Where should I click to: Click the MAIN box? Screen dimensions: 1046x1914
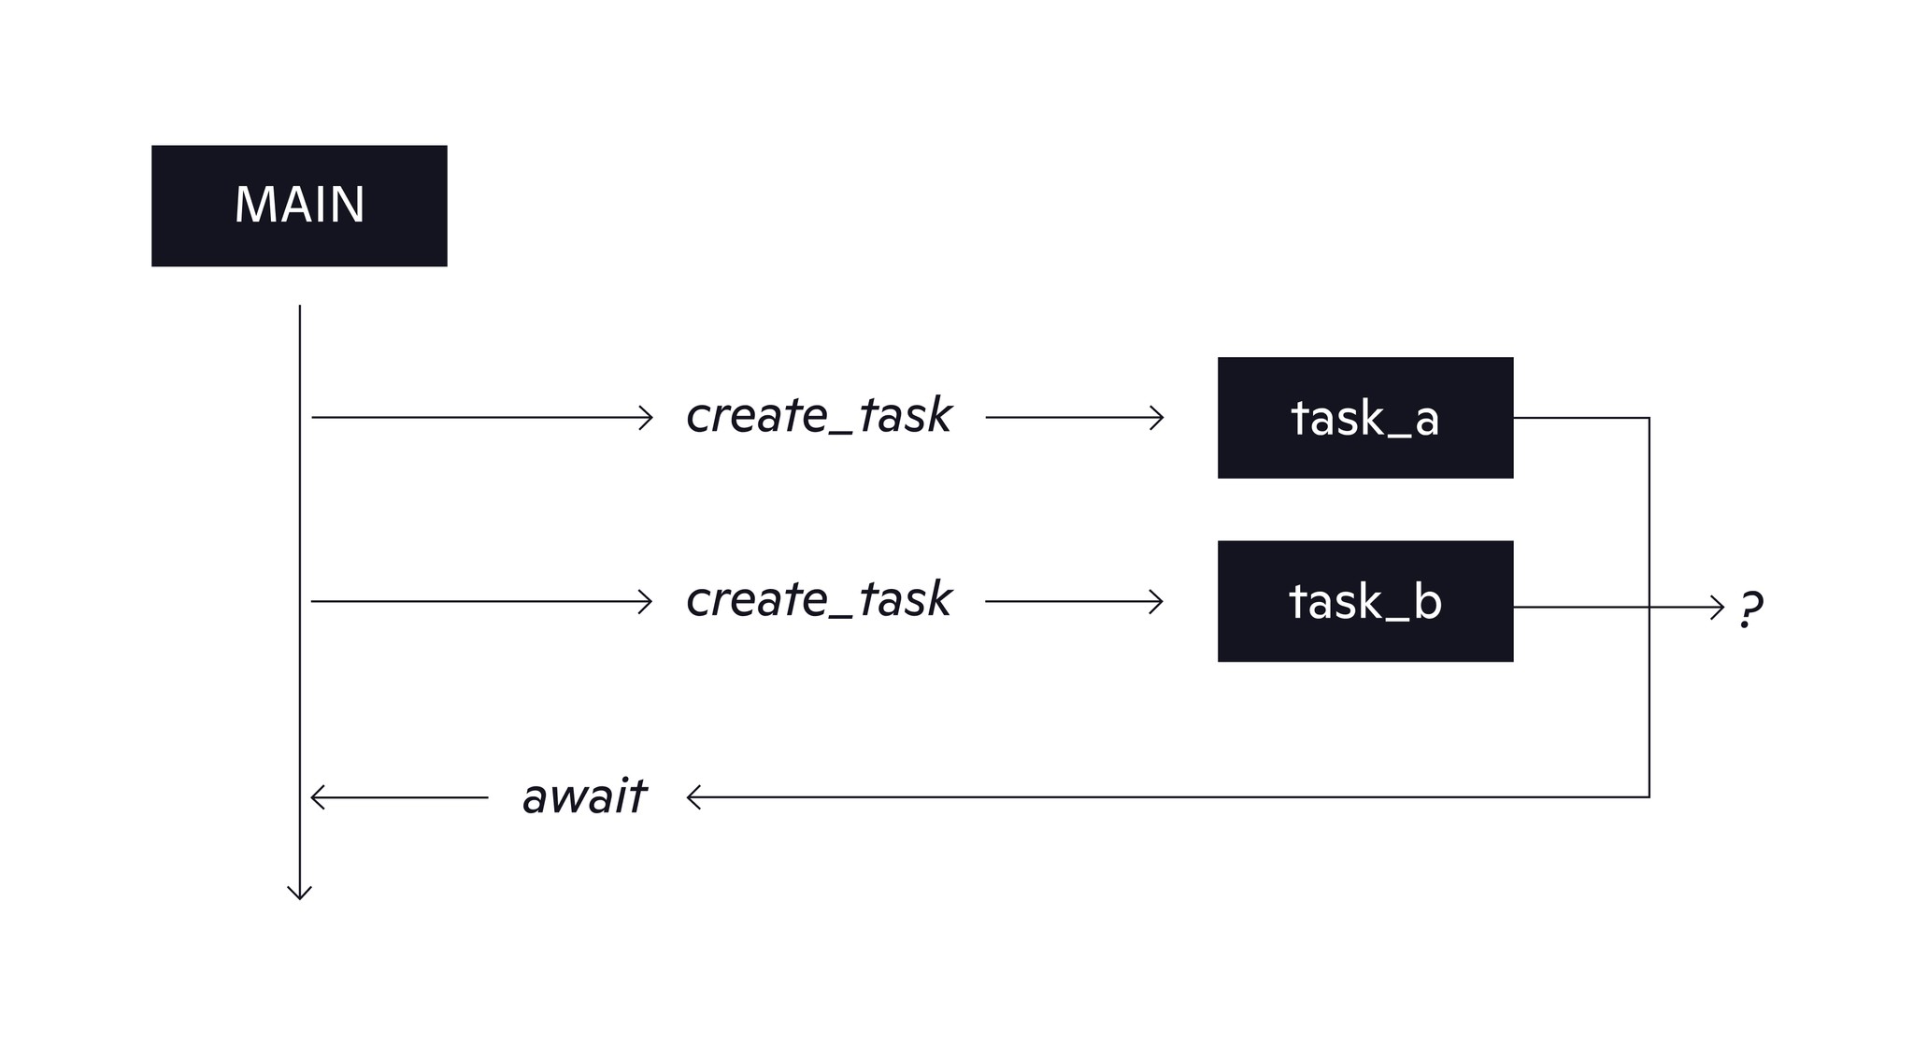coord(299,206)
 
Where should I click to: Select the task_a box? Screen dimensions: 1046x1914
coord(1364,418)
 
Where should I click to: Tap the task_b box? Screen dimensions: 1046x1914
coord(1364,601)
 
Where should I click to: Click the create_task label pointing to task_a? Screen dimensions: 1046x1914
coord(818,417)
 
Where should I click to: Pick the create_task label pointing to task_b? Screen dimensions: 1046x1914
coord(818,600)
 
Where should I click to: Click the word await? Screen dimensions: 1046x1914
coord(584,797)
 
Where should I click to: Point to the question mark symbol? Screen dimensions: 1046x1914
coord(1750,609)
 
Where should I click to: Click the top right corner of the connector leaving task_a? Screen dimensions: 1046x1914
coord(1650,418)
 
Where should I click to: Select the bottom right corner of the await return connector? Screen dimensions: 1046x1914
coord(1650,797)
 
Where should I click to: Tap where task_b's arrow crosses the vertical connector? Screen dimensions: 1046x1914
coord(1650,608)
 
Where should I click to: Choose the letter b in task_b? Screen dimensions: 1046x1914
coord(1427,601)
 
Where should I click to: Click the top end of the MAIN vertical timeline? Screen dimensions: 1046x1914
coord(299,307)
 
